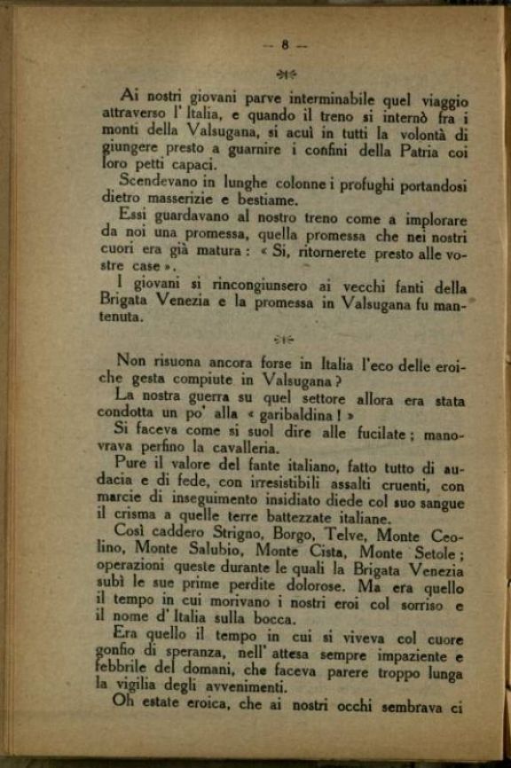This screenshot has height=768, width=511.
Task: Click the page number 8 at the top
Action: click(286, 44)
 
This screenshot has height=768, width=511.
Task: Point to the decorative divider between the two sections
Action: click(285, 338)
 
